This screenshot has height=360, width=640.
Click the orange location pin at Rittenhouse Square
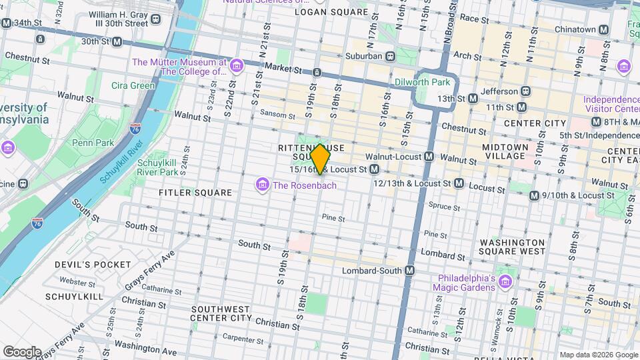tap(320, 159)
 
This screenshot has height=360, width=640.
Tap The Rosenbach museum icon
tap(263, 184)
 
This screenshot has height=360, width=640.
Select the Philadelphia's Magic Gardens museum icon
tap(505, 282)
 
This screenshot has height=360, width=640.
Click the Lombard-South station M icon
tap(409, 271)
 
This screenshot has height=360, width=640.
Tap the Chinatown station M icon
tap(603, 29)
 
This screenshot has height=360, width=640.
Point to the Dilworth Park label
tap(423, 83)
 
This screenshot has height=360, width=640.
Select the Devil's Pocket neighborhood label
tap(93, 265)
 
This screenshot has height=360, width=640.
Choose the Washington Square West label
tap(512, 247)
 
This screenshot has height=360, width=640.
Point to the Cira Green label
tap(133, 85)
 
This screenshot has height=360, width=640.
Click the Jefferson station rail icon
tap(525, 91)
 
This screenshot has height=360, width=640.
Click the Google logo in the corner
tap(22, 351)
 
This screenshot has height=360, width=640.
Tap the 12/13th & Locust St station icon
tap(458, 182)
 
